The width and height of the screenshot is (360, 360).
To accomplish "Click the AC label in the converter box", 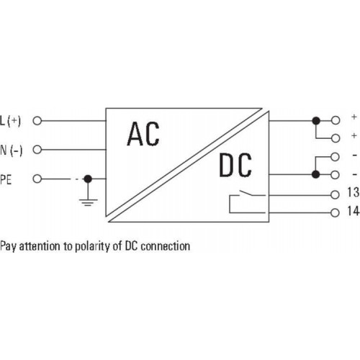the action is point(143,134).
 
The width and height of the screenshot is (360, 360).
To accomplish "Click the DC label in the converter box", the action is point(235,166).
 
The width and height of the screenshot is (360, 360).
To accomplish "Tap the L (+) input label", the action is point(11,121).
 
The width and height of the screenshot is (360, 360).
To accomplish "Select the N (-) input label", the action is point(11,150).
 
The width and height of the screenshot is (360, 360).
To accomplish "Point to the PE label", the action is point(6,179).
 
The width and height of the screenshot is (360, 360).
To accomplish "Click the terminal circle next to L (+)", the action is point(37,121).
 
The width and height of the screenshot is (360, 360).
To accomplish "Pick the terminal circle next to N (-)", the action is point(37,150).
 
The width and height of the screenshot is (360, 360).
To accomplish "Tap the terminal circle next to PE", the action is point(37,179).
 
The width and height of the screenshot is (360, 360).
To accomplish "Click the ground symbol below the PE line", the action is point(88,202).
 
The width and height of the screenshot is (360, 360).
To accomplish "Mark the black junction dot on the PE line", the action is point(88,179).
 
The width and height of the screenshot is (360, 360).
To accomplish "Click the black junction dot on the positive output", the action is point(316,120).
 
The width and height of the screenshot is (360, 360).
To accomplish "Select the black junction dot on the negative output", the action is point(316,174).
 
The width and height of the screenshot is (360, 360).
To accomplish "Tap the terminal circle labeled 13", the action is point(335,194).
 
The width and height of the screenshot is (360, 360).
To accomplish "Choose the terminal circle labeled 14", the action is point(335,212).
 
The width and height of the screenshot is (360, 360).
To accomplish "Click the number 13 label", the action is point(354,192).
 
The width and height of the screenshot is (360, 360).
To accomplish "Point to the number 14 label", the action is point(354,211).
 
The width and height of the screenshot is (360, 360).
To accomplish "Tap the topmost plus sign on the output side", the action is point(354,117).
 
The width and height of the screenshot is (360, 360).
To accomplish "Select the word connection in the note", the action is point(166,246).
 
